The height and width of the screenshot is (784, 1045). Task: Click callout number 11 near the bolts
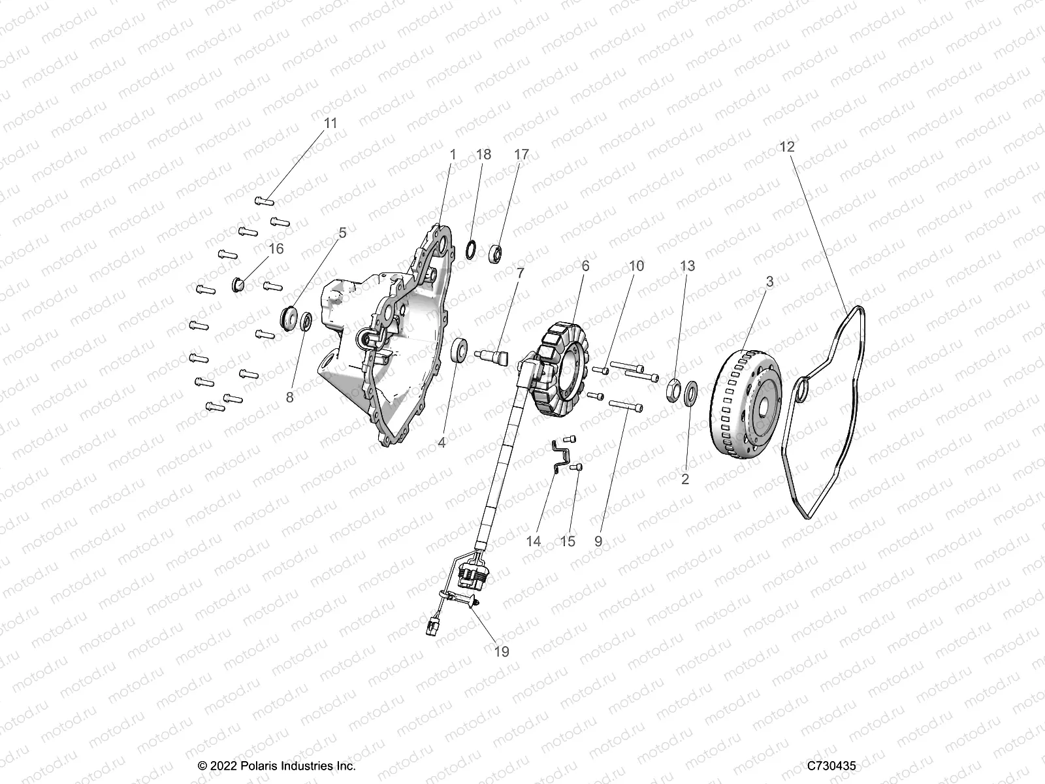point(331,123)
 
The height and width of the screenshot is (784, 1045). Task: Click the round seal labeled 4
point(460,349)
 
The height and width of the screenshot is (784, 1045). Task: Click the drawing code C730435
point(831,766)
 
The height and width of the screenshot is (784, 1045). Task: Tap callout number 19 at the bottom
point(502,651)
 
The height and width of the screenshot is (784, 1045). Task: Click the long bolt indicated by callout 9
point(626,406)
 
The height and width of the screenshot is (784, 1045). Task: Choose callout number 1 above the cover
point(471,154)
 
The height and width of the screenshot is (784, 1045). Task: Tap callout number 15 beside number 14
point(568,542)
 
